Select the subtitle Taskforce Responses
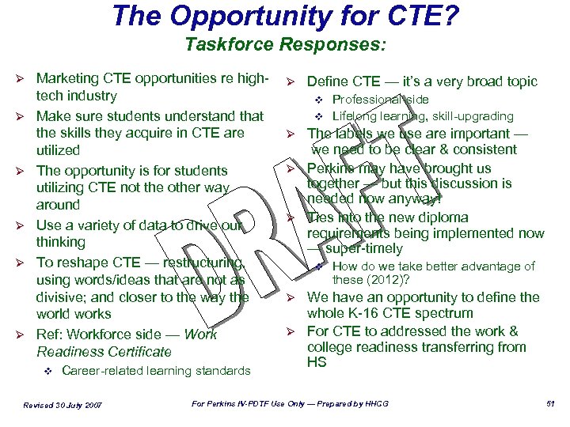[x=285, y=44]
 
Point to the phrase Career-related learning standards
[x=155, y=371]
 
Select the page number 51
[x=551, y=404]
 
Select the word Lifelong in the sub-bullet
[x=353, y=116]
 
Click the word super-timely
[x=363, y=249]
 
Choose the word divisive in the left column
[x=63, y=297]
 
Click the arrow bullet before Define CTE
[x=291, y=82]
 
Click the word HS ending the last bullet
[x=316, y=362]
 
